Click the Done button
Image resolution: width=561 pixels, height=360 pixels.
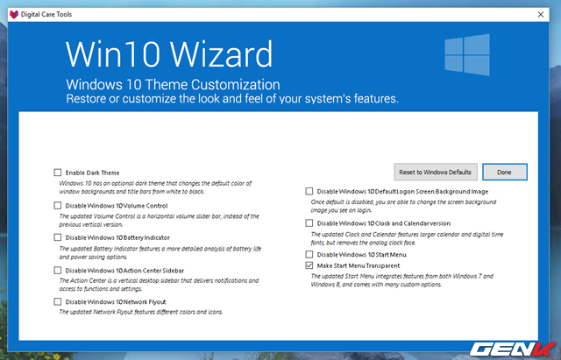coord(505,172)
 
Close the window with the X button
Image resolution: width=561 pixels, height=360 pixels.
coord(541,14)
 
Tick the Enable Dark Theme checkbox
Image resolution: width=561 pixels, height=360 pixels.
coord(58,173)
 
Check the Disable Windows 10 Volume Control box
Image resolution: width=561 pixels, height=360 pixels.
coord(58,206)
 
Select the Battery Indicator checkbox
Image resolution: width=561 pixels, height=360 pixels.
coord(58,237)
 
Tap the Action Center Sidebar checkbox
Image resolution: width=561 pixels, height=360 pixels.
coord(58,271)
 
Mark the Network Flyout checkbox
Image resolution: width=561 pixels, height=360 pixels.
coord(58,301)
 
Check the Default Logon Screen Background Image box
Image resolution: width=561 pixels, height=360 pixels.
coord(309,191)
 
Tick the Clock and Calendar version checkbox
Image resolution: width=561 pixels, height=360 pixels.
coord(309,223)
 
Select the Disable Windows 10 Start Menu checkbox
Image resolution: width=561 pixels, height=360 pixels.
coord(309,254)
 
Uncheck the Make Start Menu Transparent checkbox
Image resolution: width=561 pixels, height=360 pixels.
coord(309,265)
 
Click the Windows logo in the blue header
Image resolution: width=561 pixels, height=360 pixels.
coord(467,54)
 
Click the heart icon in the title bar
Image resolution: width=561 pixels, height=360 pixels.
coord(14,14)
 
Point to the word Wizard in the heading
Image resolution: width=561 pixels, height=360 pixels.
coord(221,54)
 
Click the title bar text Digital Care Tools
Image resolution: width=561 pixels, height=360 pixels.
coord(46,14)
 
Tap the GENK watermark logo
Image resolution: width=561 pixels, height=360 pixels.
coord(513,349)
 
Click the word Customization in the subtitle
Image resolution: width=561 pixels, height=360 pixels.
coord(236,85)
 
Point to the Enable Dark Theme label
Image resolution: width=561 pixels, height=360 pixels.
coord(92,173)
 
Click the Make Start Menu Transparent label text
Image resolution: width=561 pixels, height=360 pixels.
coord(359,265)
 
